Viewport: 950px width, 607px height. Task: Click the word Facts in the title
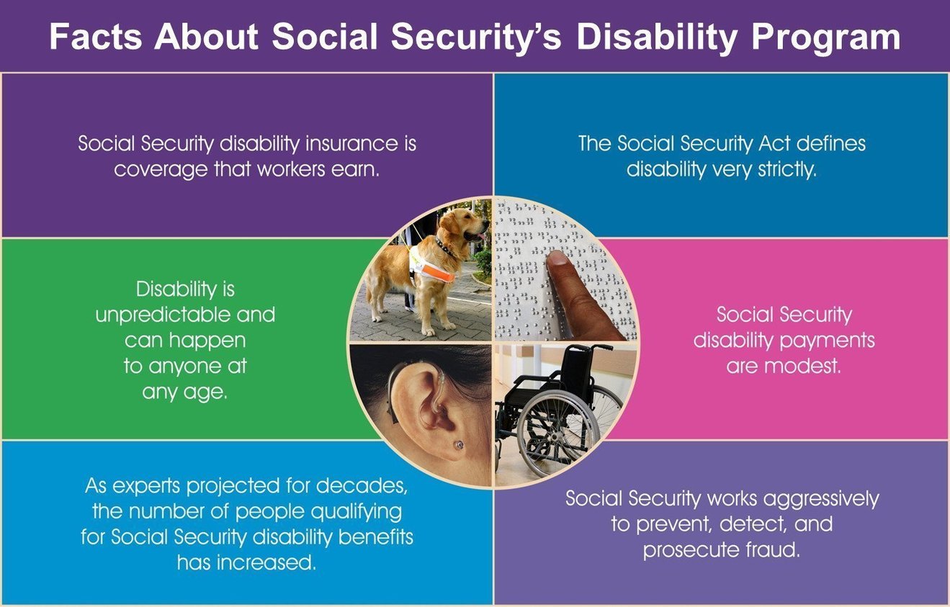click(x=95, y=37)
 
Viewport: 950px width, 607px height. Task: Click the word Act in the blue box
click(x=774, y=143)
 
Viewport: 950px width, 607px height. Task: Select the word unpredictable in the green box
click(x=163, y=315)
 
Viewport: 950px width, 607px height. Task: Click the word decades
click(x=362, y=486)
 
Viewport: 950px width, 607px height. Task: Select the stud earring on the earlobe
click(x=458, y=445)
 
